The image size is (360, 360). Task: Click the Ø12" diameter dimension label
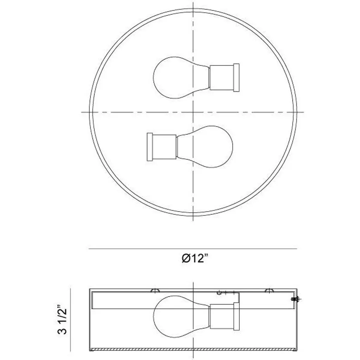click(195, 258)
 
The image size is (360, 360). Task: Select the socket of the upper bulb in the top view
click(222, 78)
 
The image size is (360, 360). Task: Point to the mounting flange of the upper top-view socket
click(237, 78)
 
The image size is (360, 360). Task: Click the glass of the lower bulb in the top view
click(205, 147)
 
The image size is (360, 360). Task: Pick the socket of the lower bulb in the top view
click(165, 147)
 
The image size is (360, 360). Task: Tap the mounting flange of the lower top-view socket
click(150, 147)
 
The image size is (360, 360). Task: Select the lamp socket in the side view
click(222, 316)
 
